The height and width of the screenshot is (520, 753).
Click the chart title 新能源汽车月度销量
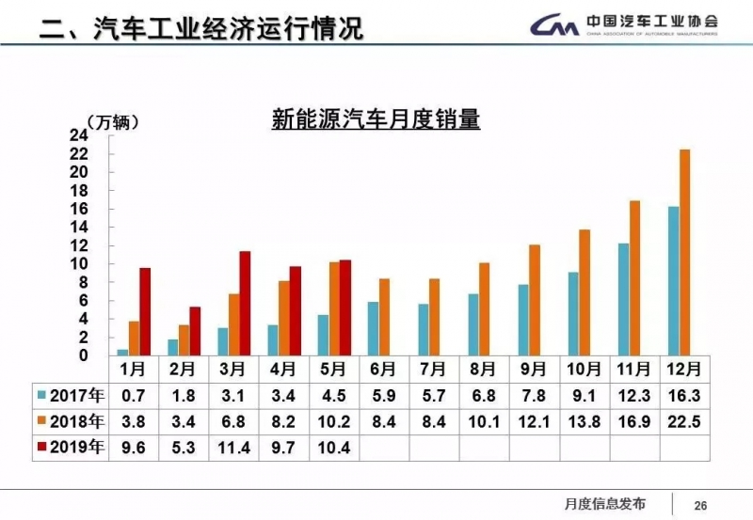[x=376, y=120]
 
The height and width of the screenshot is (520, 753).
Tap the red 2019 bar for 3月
[x=245, y=303]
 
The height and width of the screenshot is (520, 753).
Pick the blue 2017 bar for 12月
[x=673, y=280]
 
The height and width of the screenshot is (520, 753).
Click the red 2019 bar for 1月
[x=145, y=311]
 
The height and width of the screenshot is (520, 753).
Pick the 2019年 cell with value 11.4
[x=233, y=448]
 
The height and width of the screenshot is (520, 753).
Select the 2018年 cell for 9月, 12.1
[x=533, y=420]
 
